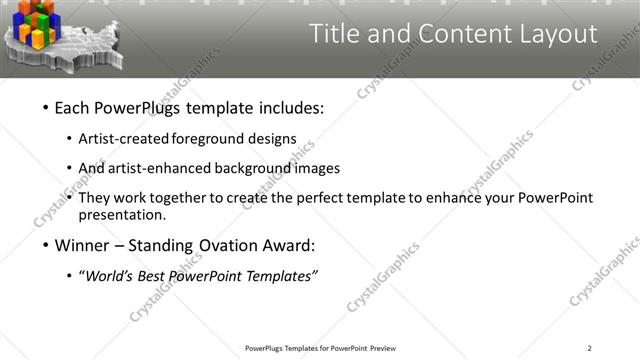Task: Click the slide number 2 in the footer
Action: [x=590, y=348]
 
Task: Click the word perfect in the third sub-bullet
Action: [x=322, y=198]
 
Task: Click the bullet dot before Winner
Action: [x=45, y=246]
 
